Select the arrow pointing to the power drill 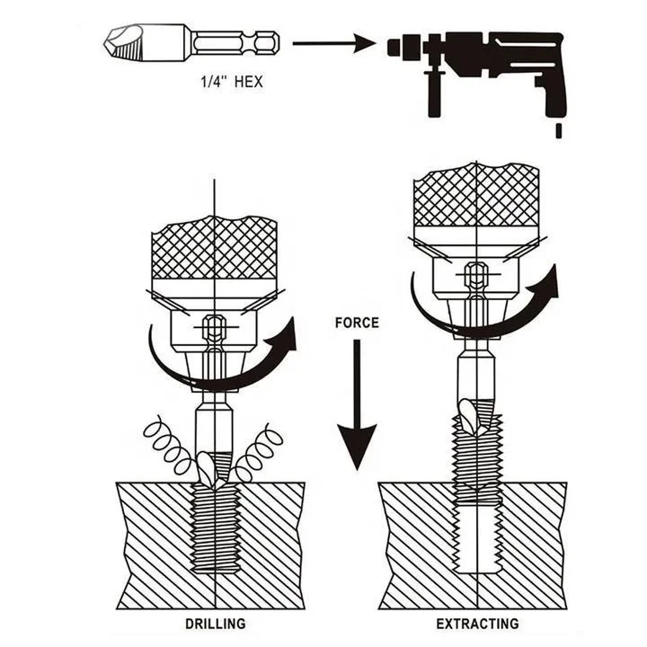(x=332, y=42)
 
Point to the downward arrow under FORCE (x=357, y=404)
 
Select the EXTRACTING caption (x=477, y=623)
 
